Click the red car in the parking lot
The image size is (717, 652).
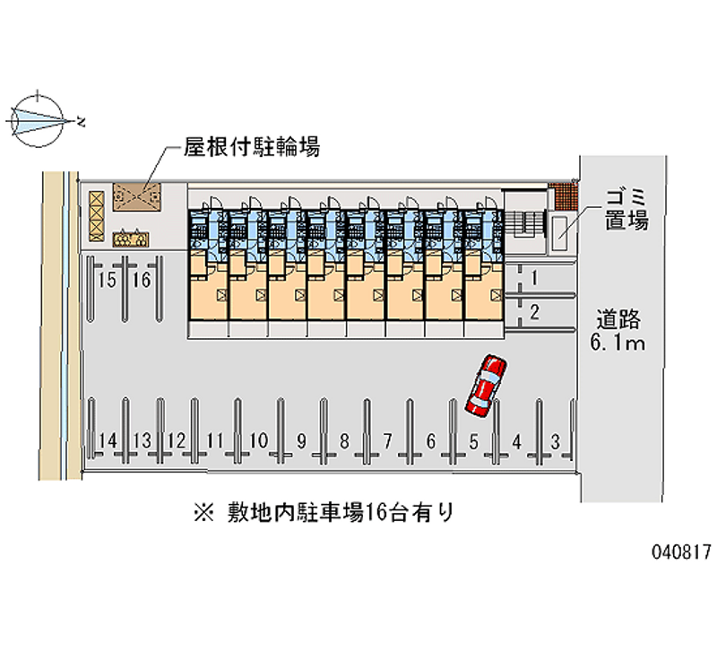point(486,386)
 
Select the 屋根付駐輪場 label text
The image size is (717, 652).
point(252,147)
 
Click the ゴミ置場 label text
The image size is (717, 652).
point(626,210)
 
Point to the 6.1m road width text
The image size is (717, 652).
point(618,343)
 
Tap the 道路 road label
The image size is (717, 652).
point(618,319)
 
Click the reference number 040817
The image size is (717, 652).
point(681,552)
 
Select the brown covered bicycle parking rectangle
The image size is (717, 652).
point(137,197)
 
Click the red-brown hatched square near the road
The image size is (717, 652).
point(562,196)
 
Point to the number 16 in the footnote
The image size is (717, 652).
point(375,512)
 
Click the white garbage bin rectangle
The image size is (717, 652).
point(559,233)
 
